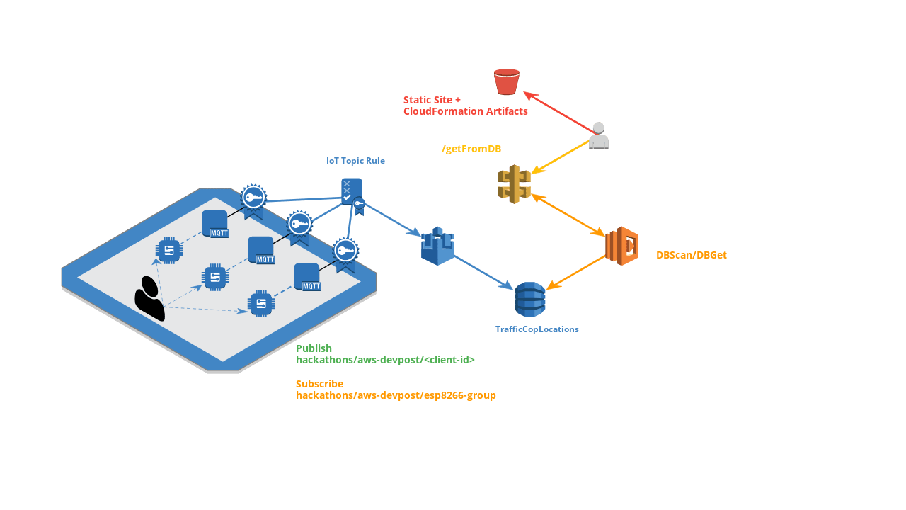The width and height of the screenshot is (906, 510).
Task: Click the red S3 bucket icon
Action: click(506, 81)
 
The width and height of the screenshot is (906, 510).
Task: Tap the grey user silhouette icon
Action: click(599, 135)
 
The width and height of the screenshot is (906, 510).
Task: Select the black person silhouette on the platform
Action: click(149, 299)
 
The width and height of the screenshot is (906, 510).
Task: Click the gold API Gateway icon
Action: click(514, 183)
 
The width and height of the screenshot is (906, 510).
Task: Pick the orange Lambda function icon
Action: click(621, 246)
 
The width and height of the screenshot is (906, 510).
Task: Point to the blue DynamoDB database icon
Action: click(530, 299)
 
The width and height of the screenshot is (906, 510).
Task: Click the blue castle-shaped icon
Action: click(437, 246)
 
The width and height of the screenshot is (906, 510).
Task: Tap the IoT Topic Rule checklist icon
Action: click(352, 192)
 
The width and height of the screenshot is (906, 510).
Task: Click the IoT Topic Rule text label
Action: click(355, 161)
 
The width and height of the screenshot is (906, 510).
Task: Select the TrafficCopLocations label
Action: click(537, 329)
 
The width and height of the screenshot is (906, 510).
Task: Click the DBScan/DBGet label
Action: click(692, 255)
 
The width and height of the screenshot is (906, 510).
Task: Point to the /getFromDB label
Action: click(471, 149)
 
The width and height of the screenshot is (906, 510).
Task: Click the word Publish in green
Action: click(314, 348)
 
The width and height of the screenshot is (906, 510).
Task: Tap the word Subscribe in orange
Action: click(319, 384)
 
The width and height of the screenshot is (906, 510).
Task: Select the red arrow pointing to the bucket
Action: click(560, 113)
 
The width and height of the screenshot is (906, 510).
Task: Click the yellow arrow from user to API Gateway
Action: click(560, 157)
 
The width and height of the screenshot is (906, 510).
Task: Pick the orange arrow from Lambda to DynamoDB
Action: click(576, 273)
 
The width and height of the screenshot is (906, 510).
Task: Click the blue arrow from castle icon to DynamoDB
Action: click(483, 273)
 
